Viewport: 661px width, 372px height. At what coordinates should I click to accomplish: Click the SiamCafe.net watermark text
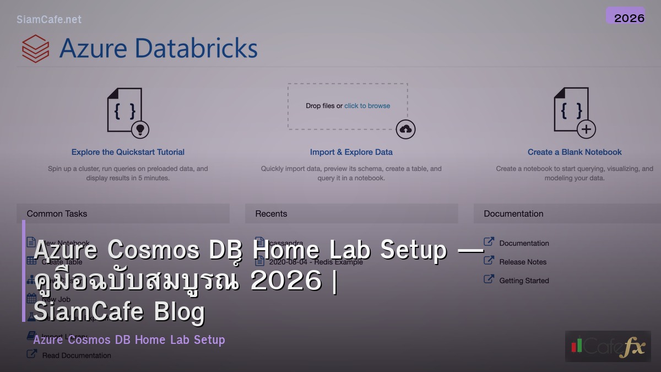(x=49, y=19)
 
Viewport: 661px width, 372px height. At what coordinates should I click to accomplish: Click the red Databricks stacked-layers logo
(x=36, y=48)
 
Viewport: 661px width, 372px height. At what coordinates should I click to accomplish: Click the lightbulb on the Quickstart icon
(x=140, y=129)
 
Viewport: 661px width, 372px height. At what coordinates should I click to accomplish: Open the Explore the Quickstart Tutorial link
(x=128, y=152)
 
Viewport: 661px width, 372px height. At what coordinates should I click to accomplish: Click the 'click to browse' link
(x=367, y=106)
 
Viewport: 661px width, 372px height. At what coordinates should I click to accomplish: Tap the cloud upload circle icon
(x=405, y=129)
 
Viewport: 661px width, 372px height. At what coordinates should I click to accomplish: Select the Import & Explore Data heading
(x=351, y=152)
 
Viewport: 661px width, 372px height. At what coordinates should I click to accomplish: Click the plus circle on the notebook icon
(x=586, y=129)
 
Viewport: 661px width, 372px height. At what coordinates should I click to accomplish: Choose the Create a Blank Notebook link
(x=575, y=152)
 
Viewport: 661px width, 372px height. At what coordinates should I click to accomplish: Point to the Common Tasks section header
(x=57, y=214)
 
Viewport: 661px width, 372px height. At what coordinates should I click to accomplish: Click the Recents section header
(x=271, y=214)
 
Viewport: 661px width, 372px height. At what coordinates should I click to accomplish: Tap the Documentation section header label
(x=513, y=214)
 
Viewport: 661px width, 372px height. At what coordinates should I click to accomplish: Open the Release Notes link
(x=523, y=262)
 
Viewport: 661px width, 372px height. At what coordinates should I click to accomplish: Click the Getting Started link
(x=524, y=281)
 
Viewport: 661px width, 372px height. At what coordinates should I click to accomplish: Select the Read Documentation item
(x=77, y=355)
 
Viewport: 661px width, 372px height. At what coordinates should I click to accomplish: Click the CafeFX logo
(x=608, y=346)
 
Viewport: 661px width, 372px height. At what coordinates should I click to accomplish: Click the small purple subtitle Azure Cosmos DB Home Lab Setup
(x=129, y=339)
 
